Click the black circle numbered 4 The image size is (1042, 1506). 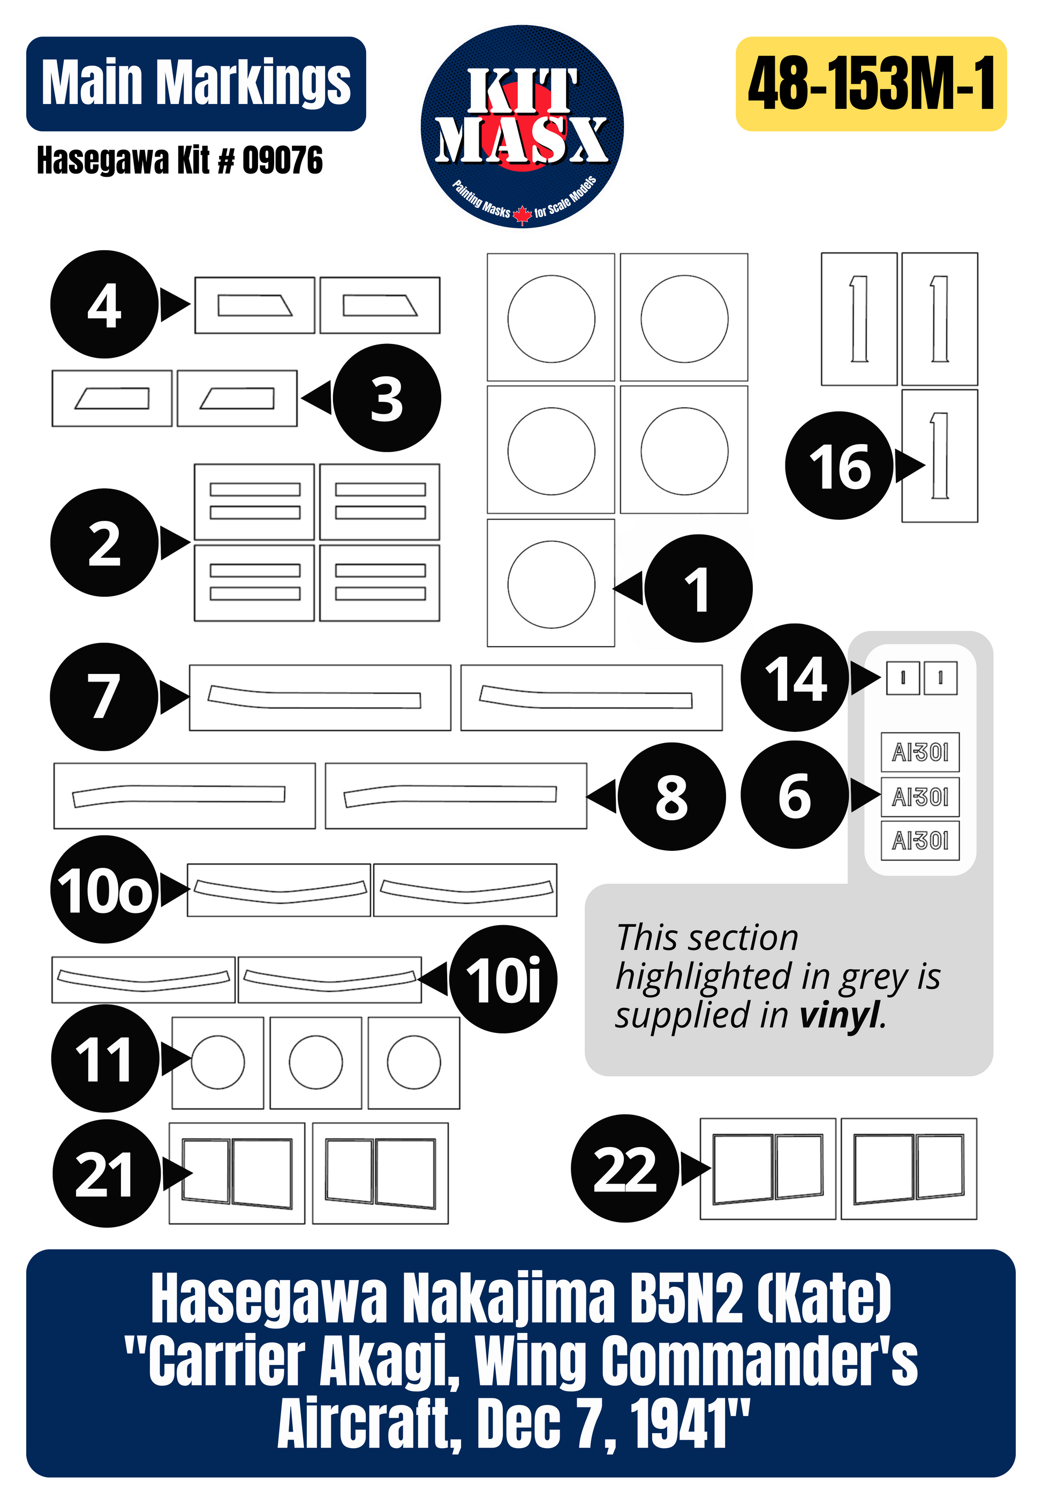pos(104,304)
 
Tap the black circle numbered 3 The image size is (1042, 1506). pos(387,398)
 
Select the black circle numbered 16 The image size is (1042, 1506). pos(839,466)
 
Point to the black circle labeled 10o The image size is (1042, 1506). pos(104,889)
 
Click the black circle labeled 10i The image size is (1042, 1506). pos(503,979)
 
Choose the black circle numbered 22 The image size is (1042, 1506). pos(625,1168)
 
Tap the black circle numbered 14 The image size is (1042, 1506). pos(795,678)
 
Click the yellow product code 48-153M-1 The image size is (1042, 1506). pos(871,84)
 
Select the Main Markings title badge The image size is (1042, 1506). pos(196,84)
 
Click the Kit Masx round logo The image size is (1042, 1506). pos(522,126)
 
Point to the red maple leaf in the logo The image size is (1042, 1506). pos(522,214)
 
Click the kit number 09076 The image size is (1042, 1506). pos(282,161)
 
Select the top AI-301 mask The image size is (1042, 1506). pos(920,752)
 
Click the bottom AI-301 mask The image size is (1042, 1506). pos(920,841)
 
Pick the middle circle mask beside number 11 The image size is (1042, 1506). pos(316,1062)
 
